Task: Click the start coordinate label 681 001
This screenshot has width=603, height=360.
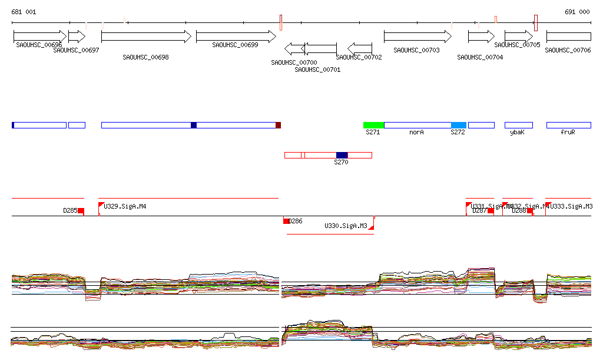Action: pyautogui.click(x=24, y=12)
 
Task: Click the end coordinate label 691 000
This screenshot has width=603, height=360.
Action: pyautogui.click(x=577, y=12)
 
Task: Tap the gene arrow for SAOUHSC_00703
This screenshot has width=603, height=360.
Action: pyautogui.click(x=418, y=37)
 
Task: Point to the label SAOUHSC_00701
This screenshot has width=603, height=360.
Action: pyautogui.click(x=317, y=70)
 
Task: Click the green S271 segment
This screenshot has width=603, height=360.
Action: pyautogui.click(x=373, y=125)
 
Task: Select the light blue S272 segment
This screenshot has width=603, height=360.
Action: pyautogui.click(x=458, y=125)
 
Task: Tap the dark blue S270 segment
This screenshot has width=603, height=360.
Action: pyautogui.click(x=342, y=155)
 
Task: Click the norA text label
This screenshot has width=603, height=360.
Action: pyautogui.click(x=417, y=133)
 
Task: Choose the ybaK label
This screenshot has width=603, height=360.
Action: pyautogui.click(x=517, y=133)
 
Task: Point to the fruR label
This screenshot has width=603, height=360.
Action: pyautogui.click(x=568, y=133)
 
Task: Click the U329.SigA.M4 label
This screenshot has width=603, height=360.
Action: pyautogui.click(x=125, y=206)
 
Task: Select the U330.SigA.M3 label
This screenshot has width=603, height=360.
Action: pyautogui.click(x=346, y=226)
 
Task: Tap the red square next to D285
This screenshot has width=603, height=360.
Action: pyautogui.click(x=81, y=211)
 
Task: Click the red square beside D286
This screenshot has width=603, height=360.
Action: pyautogui.click(x=286, y=221)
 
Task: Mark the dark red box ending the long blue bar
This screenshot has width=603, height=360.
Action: pyautogui.click(x=278, y=125)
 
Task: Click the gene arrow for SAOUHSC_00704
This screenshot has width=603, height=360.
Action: pyautogui.click(x=481, y=37)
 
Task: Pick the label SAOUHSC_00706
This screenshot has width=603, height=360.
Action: pyautogui.click(x=568, y=51)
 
